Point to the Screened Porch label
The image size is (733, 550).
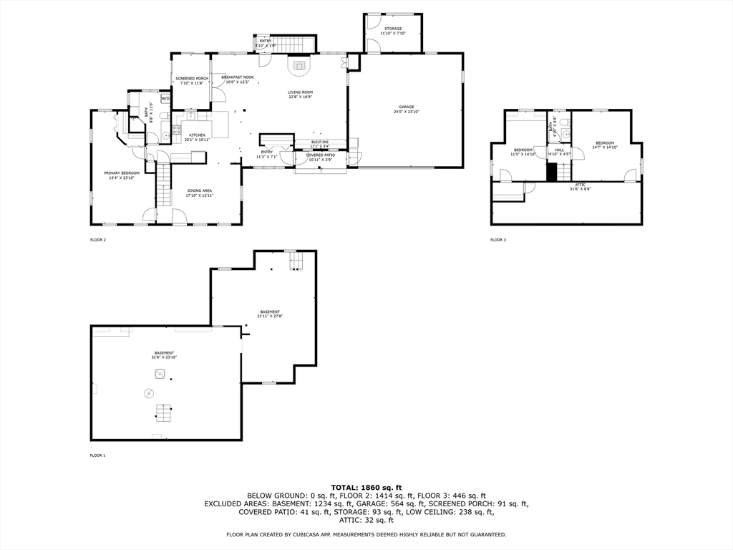click(192, 80)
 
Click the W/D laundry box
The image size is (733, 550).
click(165, 98)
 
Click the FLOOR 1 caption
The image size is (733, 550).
click(97, 455)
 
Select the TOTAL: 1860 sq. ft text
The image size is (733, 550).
click(366, 487)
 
